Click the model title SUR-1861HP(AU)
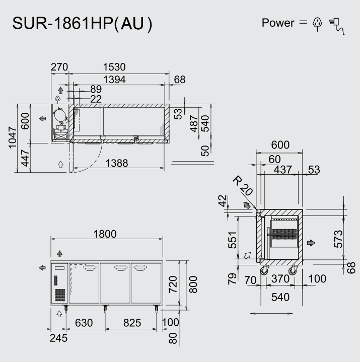tap(82, 23)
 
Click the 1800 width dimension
tap(105, 234)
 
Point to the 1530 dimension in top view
tap(114, 67)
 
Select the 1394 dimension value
tap(114, 79)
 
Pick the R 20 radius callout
tap(242, 186)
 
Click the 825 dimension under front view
tap(132, 323)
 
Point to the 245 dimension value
tap(58, 338)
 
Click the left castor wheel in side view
tap(264, 271)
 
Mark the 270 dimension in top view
tap(59, 67)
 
